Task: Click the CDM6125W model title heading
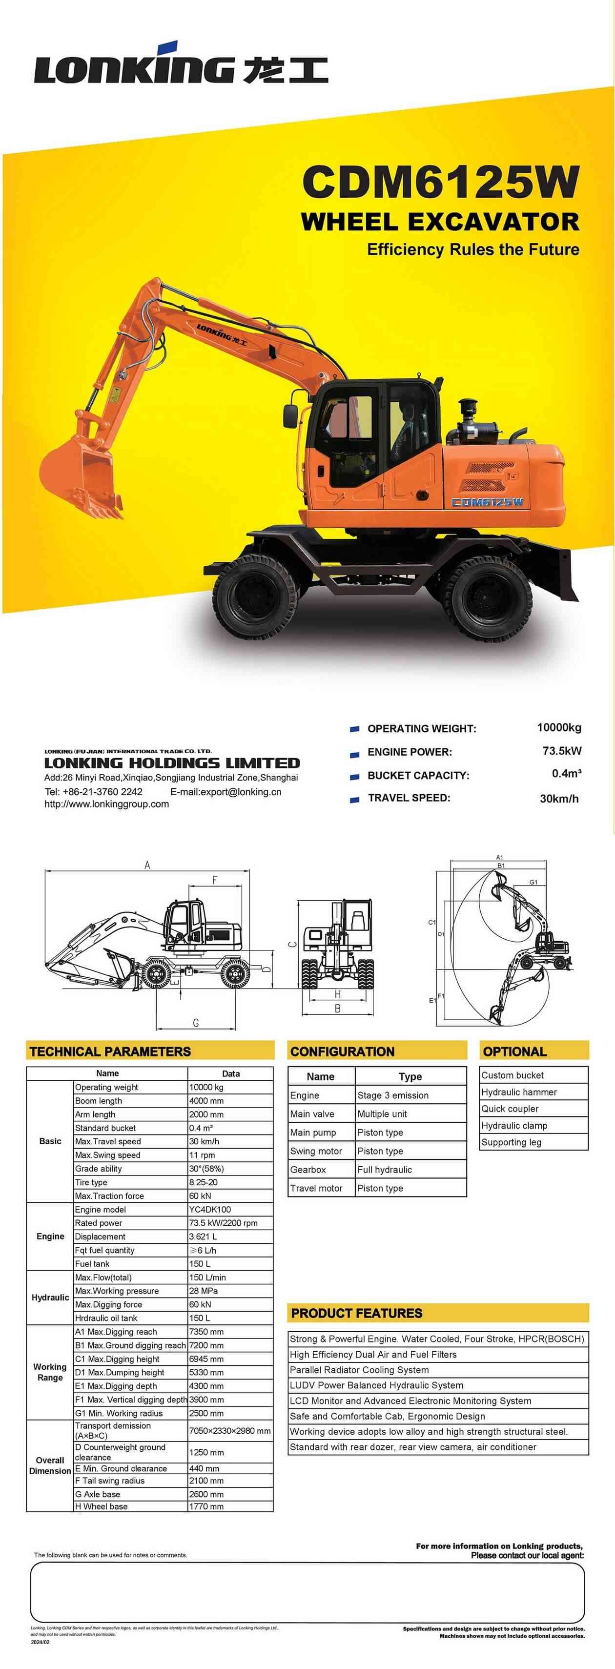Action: (440, 182)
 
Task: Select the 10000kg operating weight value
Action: (558, 728)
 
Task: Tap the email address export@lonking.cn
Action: (225, 792)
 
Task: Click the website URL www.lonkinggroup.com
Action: (106, 804)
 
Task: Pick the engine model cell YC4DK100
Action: (209, 1210)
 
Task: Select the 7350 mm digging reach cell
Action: (206, 1332)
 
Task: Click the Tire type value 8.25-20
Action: (203, 1182)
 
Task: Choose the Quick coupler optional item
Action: (510, 1109)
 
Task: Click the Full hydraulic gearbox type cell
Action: (384, 1170)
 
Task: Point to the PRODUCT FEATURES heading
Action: (356, 1313)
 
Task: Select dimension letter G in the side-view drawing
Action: (196, 1023)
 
